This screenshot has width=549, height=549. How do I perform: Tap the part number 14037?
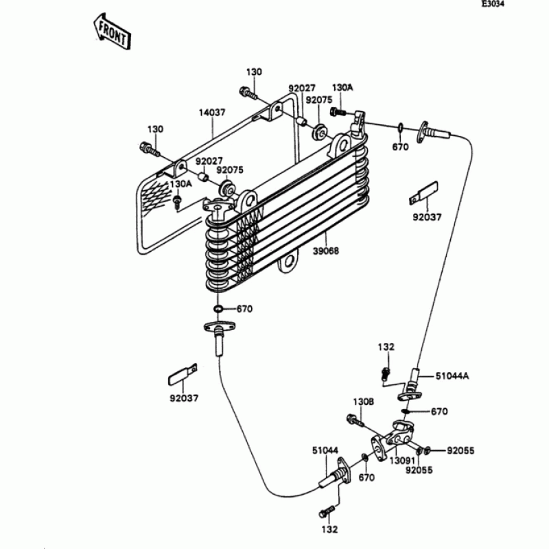point(211,112)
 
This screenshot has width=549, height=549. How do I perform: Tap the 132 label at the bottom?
point(329,529)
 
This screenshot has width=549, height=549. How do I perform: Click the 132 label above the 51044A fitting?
point(386,348)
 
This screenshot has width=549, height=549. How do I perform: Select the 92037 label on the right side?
point(426,218)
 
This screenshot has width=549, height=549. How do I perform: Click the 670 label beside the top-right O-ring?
point(400,147)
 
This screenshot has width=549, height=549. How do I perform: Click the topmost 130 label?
point(254,72)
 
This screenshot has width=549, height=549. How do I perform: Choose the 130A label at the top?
point(342,88)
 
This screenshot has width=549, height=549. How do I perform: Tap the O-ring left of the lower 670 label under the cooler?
point(218,309)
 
